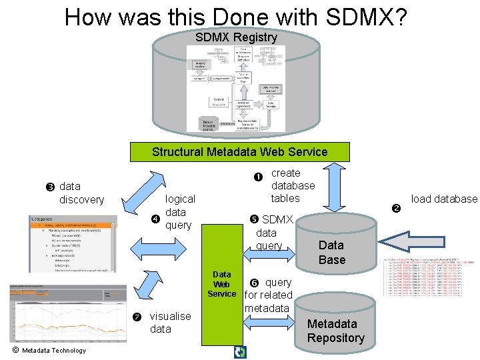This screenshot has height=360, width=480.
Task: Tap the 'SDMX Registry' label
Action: coord(236,37)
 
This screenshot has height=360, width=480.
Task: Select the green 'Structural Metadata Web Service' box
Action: coord(239,151)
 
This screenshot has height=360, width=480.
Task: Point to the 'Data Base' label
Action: coord(331,253)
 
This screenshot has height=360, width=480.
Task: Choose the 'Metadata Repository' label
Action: coord(335,331)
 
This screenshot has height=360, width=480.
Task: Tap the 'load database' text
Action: coord(444,199)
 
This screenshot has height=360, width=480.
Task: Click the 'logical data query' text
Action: coord(179,212)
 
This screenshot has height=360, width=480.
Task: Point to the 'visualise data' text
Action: coord(170,323)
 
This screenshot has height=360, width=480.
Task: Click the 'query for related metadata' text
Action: coord(269,295)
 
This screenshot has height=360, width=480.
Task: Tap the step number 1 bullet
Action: coord(258,177)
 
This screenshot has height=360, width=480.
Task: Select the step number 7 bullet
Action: coord(137,315)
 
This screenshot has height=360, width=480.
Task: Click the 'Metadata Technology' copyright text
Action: coord(49,351)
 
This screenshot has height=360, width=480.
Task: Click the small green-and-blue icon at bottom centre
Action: coord(240,352)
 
